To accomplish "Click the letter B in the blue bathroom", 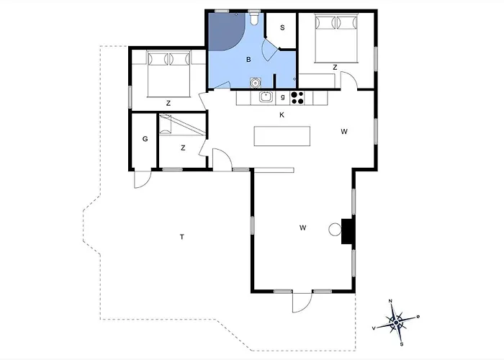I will [248, 60].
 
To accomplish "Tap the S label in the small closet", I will [282, 28].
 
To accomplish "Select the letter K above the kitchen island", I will [282, 114].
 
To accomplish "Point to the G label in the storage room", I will [145, 138].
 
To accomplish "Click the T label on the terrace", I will [182, 236].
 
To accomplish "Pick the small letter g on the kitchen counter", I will [283, 96].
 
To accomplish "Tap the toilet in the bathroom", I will [256, 17].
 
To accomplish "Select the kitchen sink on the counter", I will [265, 96].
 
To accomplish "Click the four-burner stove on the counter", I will [297, 96].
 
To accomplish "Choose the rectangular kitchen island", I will [282, 137].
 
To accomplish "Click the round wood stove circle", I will [334, 230].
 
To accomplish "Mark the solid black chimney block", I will [348, 231].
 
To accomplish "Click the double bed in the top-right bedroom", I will [336, 40].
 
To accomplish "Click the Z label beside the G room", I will [183, 148].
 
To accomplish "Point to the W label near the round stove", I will [303, 228].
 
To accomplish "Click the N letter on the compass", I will [390, 300].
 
